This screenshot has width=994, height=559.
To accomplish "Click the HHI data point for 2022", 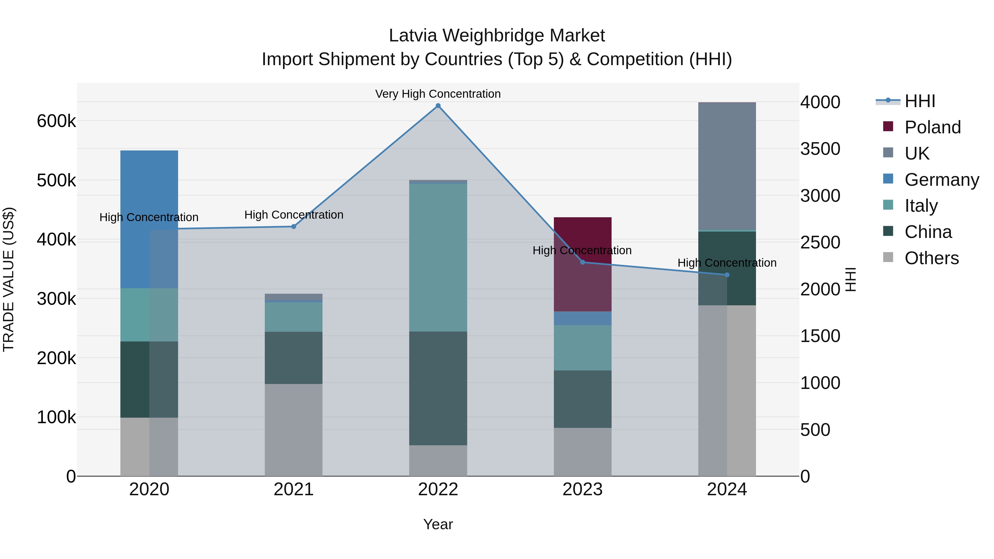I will point(438,106).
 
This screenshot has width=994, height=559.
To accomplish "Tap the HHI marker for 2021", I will point(294,226).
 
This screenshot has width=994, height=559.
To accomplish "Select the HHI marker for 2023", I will point(583,262).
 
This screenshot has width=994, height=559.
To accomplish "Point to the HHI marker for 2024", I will point(727,275).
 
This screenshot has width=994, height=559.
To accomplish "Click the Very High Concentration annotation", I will point(438,94).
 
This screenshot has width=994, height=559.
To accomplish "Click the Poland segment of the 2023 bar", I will point(583,264).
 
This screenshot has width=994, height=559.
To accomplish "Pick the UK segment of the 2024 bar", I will point(727,166).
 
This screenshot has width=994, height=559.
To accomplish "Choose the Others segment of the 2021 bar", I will point(294,430).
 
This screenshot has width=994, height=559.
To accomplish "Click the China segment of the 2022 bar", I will point(438,388).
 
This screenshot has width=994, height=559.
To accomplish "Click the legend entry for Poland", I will point(932,127).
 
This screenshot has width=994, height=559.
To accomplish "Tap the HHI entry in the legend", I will point(919,101).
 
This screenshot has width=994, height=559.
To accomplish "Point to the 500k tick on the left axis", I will point(56,181).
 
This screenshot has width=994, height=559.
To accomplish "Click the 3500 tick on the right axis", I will point(820,149).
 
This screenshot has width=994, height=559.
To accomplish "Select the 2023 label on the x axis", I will point(583,489).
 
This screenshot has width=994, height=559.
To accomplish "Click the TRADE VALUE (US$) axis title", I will point(9,279).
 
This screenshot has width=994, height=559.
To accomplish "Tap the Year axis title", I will point(438,524).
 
